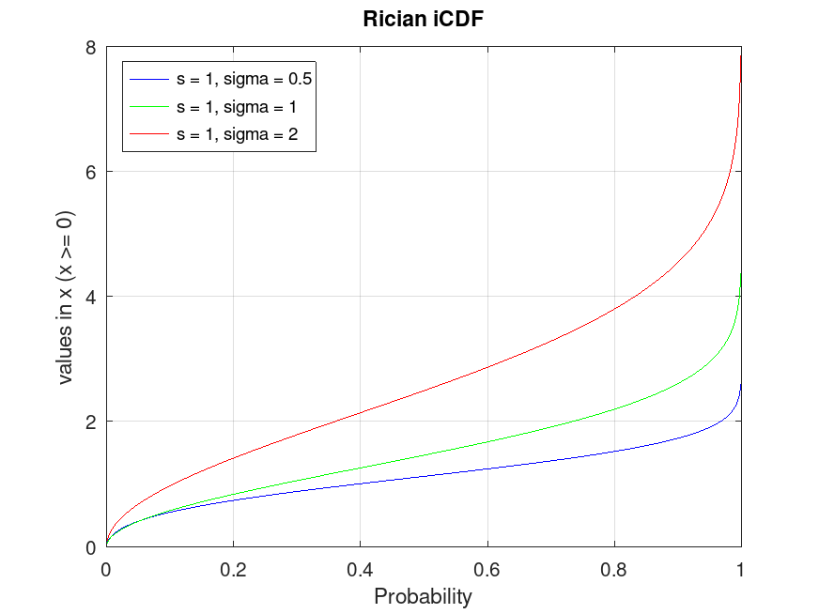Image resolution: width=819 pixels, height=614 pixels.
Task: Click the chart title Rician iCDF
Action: click(423, 19)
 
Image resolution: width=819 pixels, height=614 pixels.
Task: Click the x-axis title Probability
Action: click(423, 596)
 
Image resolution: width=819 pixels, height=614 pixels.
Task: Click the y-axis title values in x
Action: click(67, 297)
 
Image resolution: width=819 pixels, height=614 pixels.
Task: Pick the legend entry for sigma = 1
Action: click(237, 108)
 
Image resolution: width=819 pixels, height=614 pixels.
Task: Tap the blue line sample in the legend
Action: click(149, 80)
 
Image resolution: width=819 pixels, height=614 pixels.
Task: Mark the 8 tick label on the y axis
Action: click(91, 47)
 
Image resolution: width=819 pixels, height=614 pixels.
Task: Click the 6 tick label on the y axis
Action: click(91, 172)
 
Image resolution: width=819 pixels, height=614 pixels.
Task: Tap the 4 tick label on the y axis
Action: click(91, 297)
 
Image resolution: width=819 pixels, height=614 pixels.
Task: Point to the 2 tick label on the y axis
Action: click(91, 422)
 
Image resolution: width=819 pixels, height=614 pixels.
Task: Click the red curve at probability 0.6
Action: click(487, 366)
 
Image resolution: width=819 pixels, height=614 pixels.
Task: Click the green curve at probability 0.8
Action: click(614, 408)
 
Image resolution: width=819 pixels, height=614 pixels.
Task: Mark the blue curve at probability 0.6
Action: click(487, 468)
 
